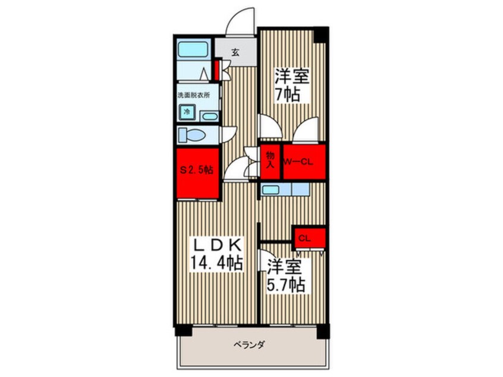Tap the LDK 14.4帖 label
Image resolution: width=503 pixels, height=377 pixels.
[x=216, y=255]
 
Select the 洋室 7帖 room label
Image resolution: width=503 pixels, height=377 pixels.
[x=291, y=85]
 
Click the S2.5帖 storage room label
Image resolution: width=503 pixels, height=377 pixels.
[x=197, y=169]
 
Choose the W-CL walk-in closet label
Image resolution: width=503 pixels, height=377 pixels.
[x=298, y=162]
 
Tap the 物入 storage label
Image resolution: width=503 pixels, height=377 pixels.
[x=271, y=160]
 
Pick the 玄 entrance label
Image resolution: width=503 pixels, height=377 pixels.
[x=235, y=52]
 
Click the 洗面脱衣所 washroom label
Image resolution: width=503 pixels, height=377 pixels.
[x=194, y=95]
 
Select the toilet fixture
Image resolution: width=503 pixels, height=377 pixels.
[x=192, y=135]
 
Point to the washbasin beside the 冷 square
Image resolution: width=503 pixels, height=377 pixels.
[x=210, y=117]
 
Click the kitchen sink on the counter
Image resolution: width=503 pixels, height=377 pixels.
[x=270, y=190]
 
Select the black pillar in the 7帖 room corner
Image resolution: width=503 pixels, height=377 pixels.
[x=321, y=34]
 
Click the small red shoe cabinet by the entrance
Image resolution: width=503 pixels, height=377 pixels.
[x=216, y=70]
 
